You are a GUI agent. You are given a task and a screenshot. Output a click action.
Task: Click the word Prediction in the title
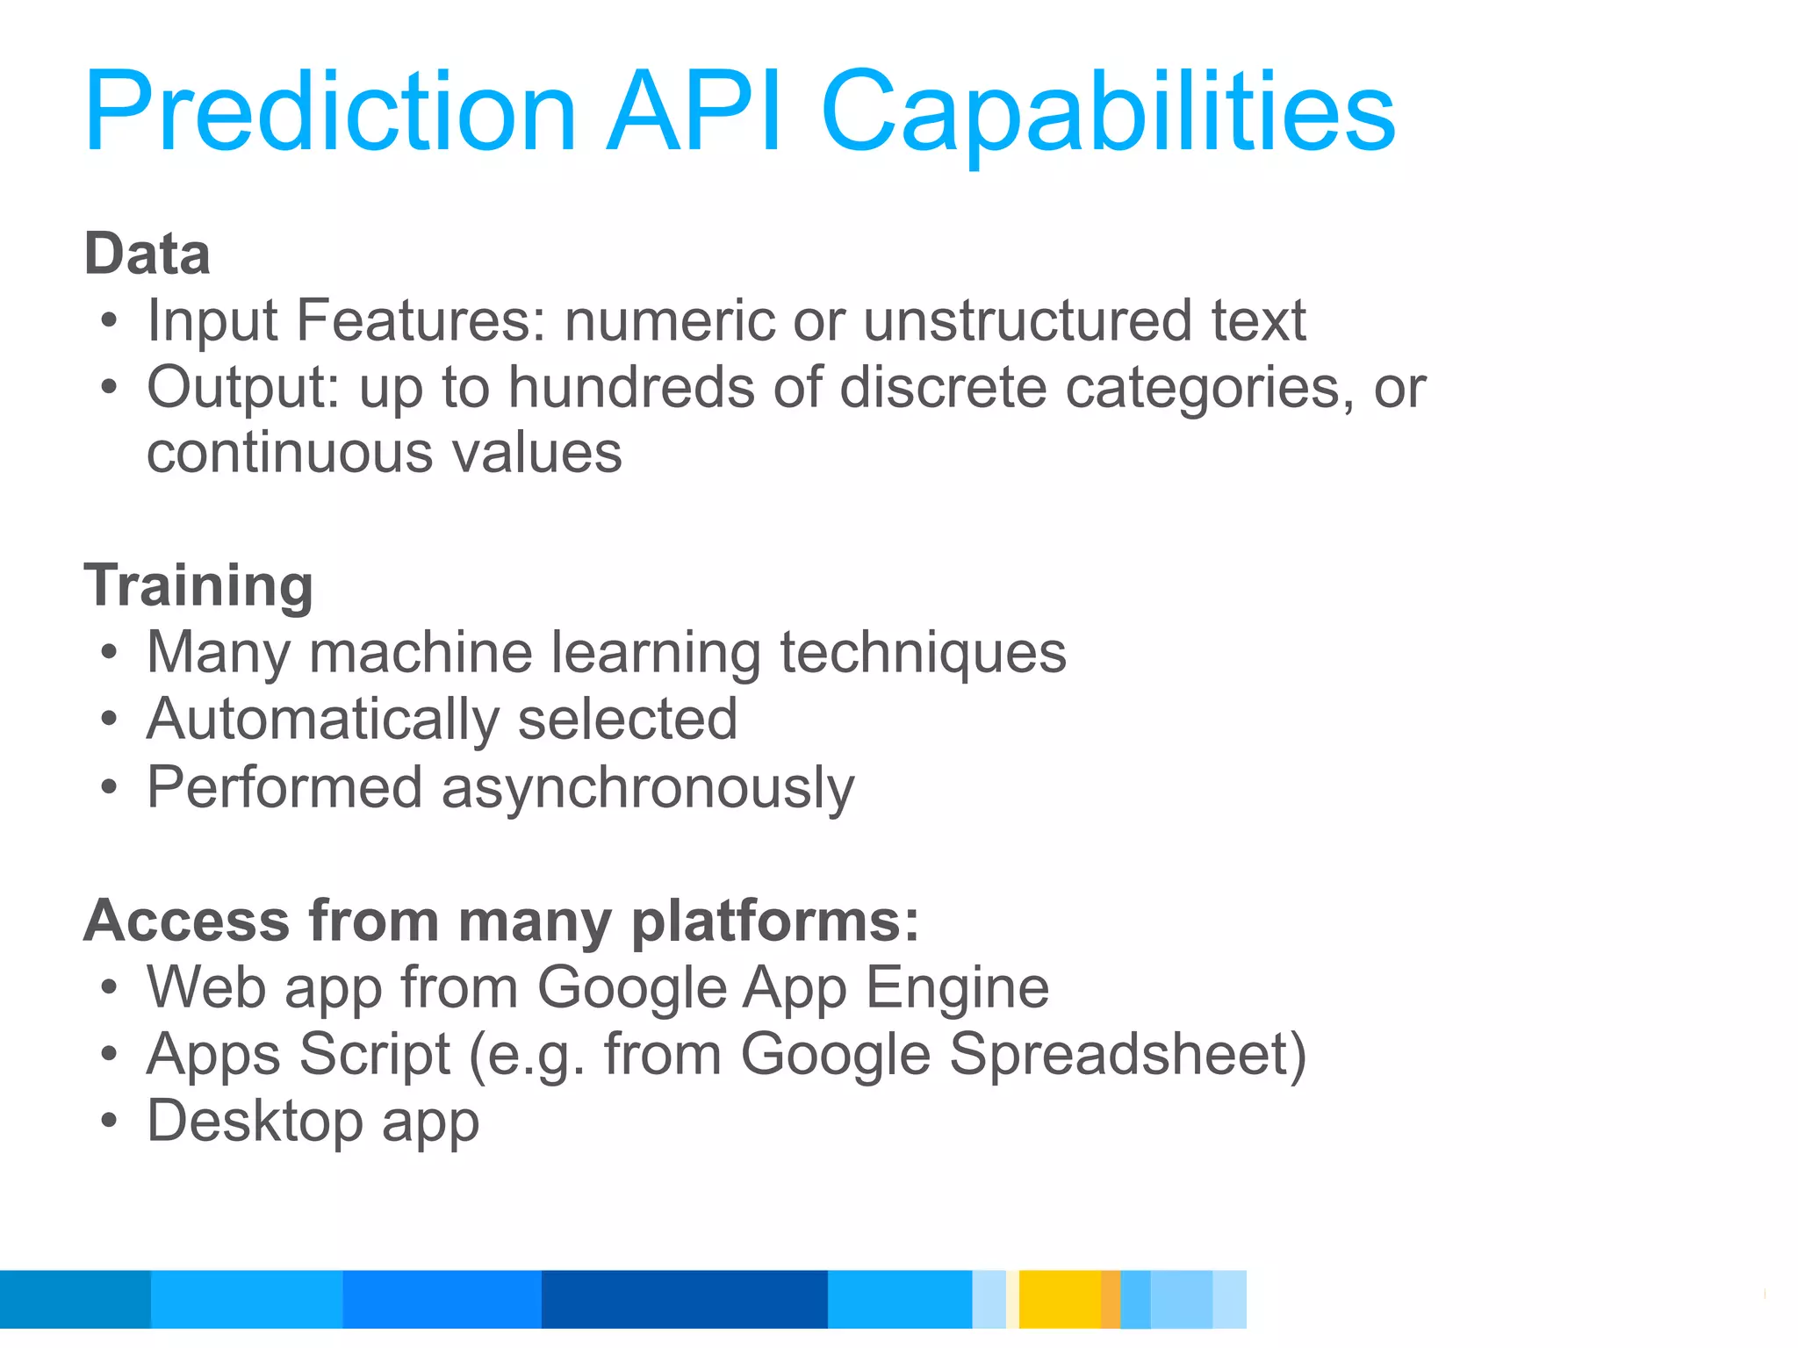(330, 112)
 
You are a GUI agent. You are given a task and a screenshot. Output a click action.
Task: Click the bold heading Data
(147, 254)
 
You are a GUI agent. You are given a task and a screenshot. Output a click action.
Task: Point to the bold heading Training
(198, 586)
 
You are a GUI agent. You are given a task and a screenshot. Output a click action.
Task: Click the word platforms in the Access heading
(775, 921)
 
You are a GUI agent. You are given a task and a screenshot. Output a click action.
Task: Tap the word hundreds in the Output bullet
(630, 387)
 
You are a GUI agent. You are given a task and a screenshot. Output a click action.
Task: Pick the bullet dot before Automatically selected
(108, 721)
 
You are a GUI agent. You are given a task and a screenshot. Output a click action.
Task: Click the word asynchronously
(647, 789)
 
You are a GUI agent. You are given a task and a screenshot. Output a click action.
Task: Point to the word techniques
(923, 654)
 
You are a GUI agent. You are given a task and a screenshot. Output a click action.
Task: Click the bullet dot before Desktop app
(108, 1122)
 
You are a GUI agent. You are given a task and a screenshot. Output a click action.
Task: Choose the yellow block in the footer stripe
(1059, 1299)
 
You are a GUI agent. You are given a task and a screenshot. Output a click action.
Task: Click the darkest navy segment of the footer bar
(684, 1299)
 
